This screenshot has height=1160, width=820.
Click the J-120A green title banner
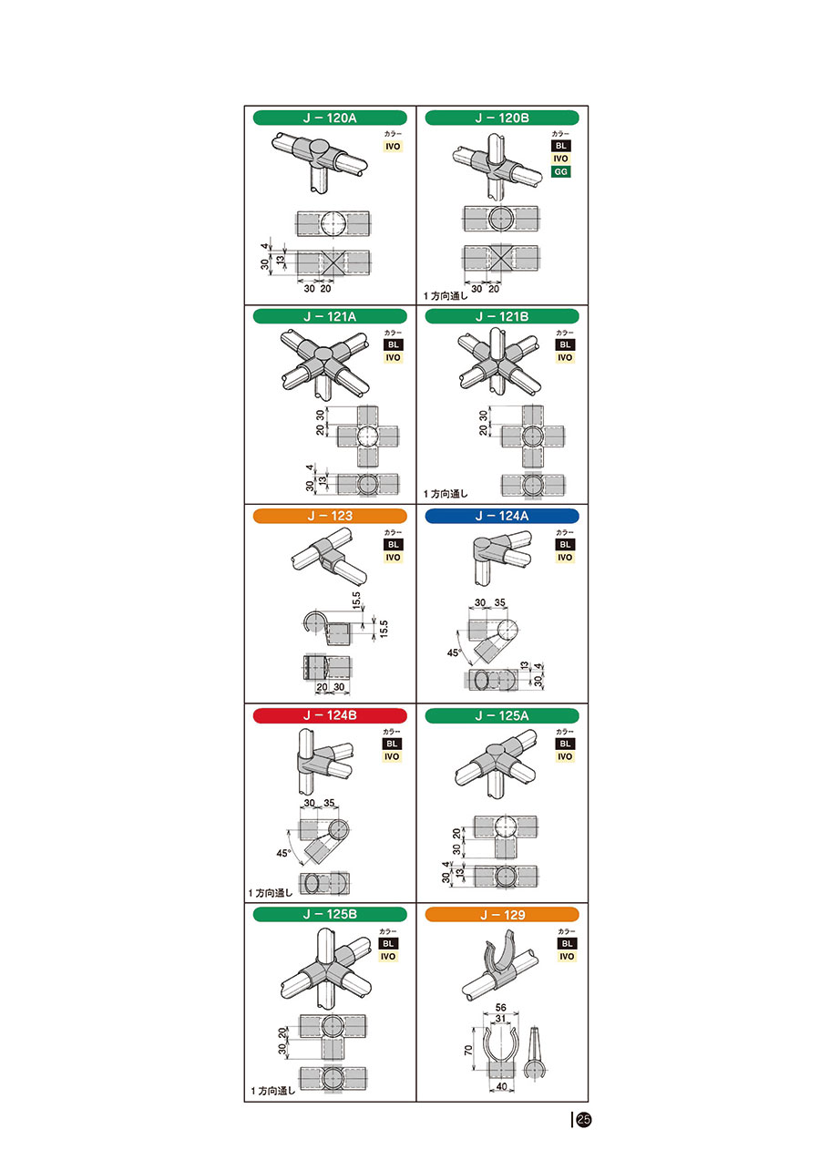click(x=330, y=118)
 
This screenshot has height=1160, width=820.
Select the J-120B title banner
click(x=502, y=118)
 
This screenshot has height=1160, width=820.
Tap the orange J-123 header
click(x=330, y=516)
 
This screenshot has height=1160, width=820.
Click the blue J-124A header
click(x=502, y=516)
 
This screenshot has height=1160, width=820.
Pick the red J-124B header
click(x=330, y=715)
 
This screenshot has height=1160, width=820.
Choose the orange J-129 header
click(x=502, y=915)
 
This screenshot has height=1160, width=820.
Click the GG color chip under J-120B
click(x=560, y=172)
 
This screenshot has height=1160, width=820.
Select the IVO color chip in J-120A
click(x=393, y=147)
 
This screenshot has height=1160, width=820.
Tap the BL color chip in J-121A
click(x=393, y=344)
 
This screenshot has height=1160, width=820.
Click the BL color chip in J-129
click(x=567, y=943)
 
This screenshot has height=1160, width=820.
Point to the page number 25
click(x=583, y=1119)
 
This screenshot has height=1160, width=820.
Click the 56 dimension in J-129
click(x=500, y=1007)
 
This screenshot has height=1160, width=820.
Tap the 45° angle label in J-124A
click(x=454, y=652)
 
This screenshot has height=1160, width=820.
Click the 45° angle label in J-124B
click(x=283, y=853)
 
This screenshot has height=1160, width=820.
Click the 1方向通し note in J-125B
click(x=272, y=1091)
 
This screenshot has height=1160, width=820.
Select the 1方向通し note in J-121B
click(x=446, y=494)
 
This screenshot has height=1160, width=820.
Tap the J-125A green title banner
click(x=502, y=715)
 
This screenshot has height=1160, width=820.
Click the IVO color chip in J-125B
click(x=388, y=957)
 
